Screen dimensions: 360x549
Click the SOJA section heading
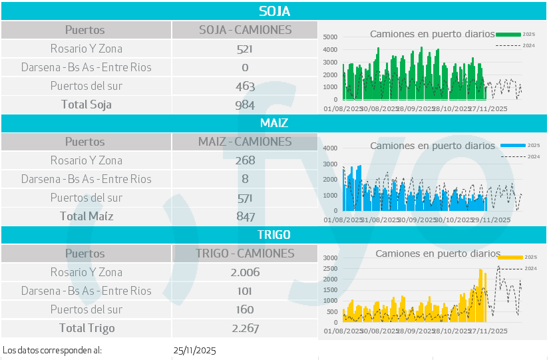274,11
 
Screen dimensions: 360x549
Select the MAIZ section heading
274,123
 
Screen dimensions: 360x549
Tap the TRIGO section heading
274,235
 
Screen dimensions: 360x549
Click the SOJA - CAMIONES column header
245,30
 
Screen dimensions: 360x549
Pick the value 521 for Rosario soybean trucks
245,49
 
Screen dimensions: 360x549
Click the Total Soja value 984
245,104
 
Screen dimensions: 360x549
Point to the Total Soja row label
87,104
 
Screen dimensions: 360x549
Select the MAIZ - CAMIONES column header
245,142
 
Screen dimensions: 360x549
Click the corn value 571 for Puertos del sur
245,198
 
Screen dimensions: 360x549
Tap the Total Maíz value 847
245,216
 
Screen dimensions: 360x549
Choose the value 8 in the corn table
245,179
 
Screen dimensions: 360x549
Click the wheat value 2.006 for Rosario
245,272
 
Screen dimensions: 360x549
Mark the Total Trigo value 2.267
245,328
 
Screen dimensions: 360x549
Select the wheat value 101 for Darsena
245,291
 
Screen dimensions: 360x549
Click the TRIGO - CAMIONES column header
245,254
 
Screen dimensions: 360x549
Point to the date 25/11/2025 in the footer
194,350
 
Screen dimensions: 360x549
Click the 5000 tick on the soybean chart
331,37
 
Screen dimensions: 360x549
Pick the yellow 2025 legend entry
518,257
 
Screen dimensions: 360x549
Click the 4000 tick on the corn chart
331,147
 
